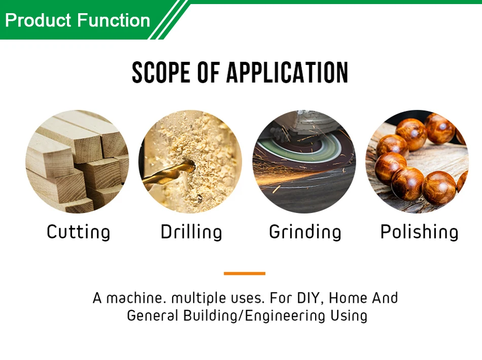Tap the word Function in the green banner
[114, 20]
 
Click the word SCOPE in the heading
[161, 73]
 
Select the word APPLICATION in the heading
[287, 73]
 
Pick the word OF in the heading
[208, 73]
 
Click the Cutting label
[78, 232]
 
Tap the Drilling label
[191, 232]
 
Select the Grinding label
[305, 232]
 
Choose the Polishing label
[419, 232]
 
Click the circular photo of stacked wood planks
[77, 162]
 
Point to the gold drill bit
[168, 175]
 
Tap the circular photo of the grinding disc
[304, 162]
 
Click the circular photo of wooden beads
[417, 162]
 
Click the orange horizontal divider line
[245, 273]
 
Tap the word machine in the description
[136, 298]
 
